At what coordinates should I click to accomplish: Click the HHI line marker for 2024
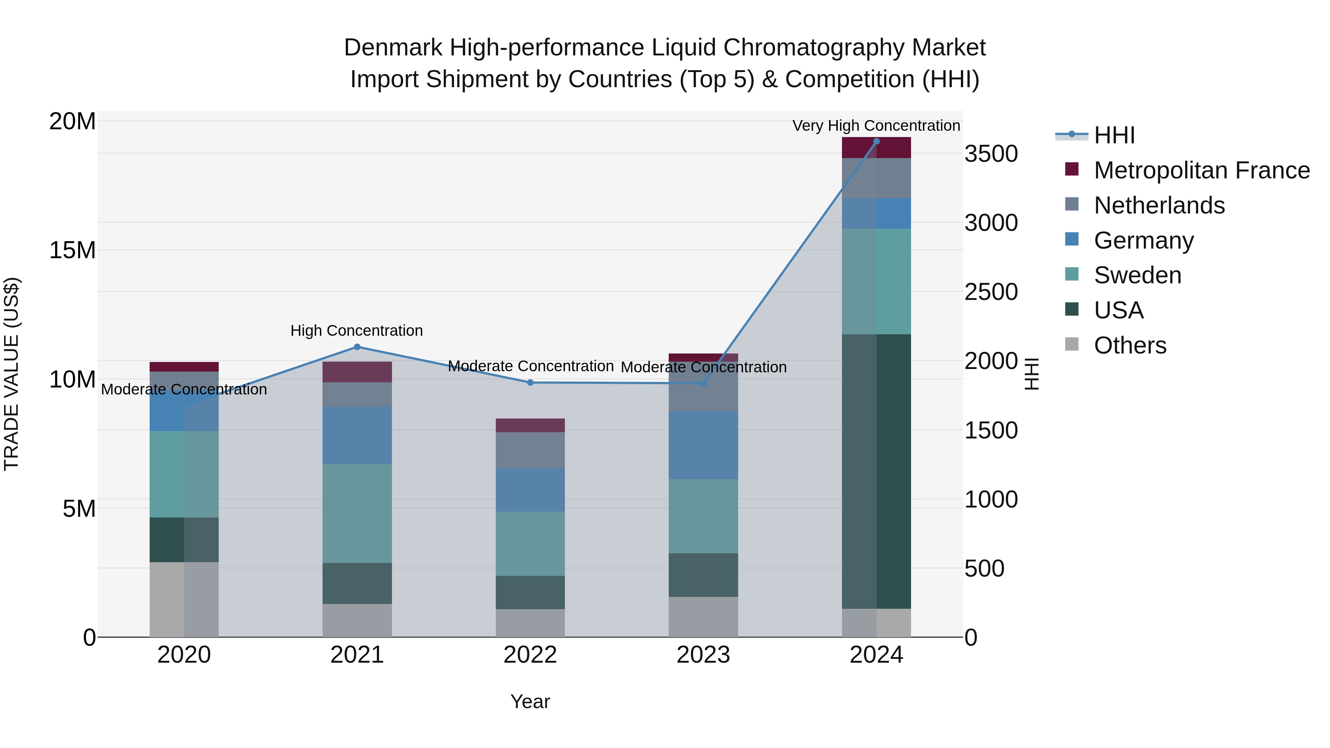[x=876, y=141]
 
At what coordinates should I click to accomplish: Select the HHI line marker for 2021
[x=357, y=347]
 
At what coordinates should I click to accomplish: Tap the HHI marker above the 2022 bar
[x=530, y=383]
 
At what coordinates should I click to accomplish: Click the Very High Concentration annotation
[x=876, y=126]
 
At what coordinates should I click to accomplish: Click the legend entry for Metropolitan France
[x=1201, y=170]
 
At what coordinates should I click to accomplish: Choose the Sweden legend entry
[x=1138, y=275]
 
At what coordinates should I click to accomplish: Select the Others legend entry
[x=1130, y=345]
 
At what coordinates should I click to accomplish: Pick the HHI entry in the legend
[x=1114, y=135]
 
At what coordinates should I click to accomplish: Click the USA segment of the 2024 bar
[x=876, y=471]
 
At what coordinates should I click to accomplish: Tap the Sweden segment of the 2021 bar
[x=357, y=513]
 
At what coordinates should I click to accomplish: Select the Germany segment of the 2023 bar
[x=703, y=445]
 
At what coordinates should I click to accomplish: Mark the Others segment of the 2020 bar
[x=184, y=600]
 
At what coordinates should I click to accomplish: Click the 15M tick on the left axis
[x=72, y=250]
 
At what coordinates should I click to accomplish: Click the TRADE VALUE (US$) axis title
[x=11, y=374]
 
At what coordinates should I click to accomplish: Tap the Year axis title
[x=530, y=701]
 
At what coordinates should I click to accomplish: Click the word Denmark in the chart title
[x=393, y=48]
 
